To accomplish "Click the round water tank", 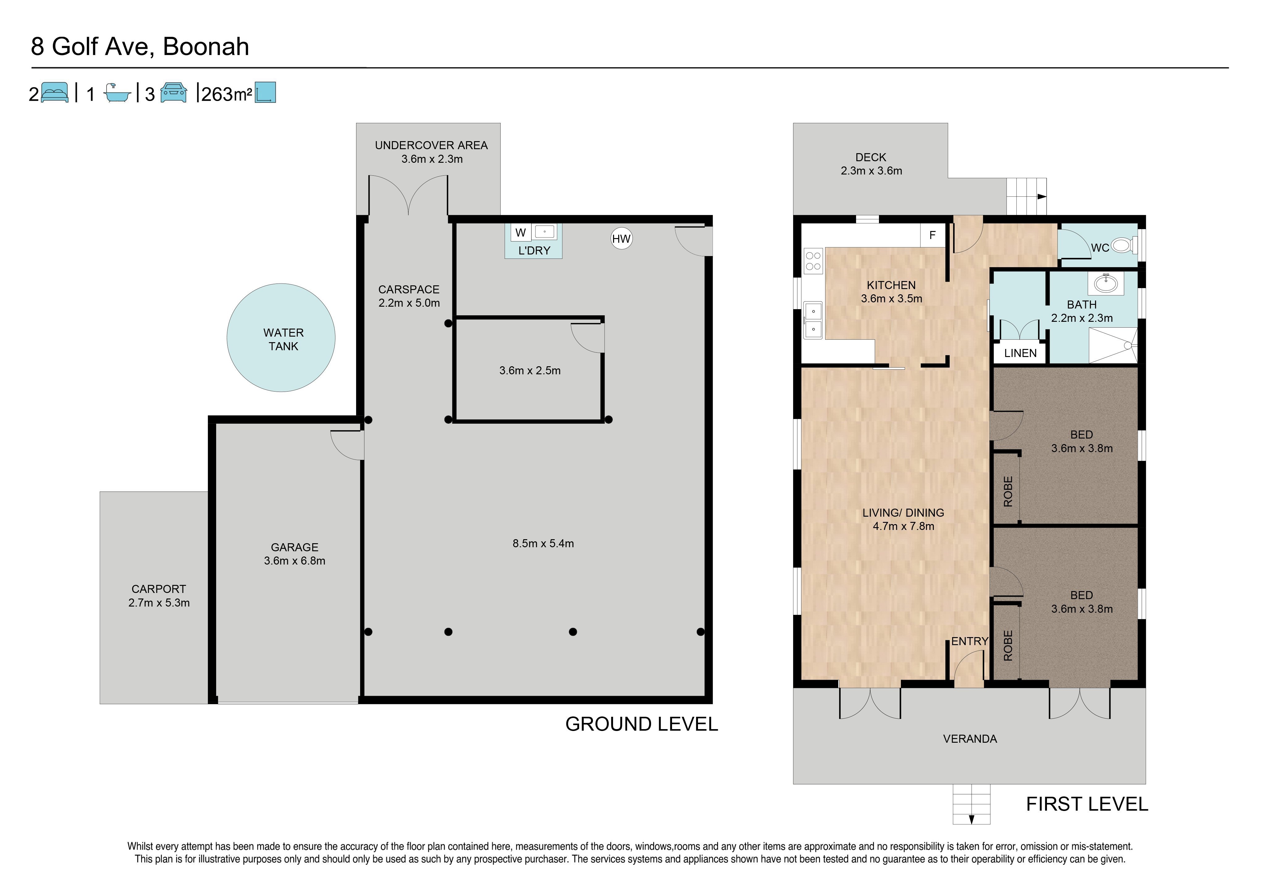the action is coord(281,338).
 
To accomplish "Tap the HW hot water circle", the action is coord(621,239).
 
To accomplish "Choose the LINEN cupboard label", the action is coord(1020,353).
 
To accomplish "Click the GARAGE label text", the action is coord(295,547).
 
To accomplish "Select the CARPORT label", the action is coord(159,589).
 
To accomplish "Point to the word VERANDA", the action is coord(970,739).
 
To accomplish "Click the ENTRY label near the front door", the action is coord(970,641).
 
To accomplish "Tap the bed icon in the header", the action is coord(55,92).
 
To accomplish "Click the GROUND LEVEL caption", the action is coord(642,724).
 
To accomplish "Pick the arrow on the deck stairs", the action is coord(1042,196).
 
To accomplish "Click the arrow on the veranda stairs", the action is coord(971,819).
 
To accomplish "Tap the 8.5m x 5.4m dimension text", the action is coord(543,543).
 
